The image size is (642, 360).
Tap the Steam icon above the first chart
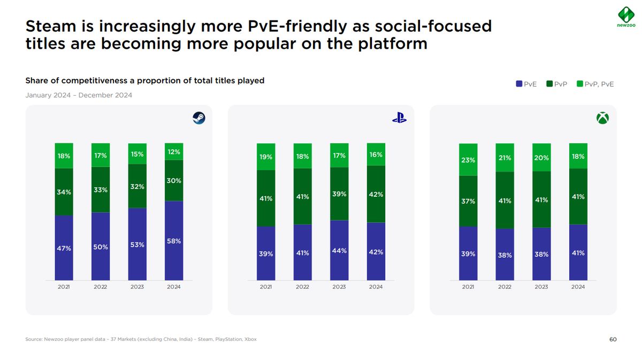coord(199,118)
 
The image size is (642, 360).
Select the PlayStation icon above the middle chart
coord(399,119)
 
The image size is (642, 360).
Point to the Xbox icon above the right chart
coord(602,118)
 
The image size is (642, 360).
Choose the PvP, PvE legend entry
coord(595,84)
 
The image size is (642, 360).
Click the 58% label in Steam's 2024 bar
coord(174,241)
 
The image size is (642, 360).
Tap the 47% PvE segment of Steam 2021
coord(64,248)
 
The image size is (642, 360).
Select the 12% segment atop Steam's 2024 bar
coord(174,151)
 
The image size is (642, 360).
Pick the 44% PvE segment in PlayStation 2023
coord(339,250)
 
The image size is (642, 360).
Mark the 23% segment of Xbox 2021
coord(468,159)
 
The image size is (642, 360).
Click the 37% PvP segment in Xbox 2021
coord(468,201)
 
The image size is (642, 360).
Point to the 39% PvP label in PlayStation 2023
coord(339,194)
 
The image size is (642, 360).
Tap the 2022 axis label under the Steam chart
coord(101,287)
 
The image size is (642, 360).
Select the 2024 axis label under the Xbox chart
coord(578,287)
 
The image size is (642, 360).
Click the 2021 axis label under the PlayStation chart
coord(266,287)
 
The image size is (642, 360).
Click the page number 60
coord(613,339)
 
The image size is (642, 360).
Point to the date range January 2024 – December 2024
coord(79,95)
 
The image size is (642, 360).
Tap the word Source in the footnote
coord(34,339)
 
